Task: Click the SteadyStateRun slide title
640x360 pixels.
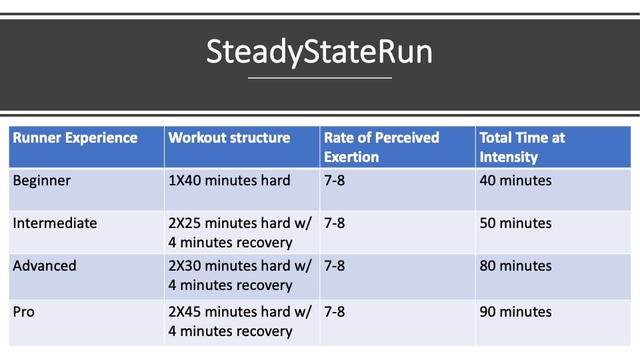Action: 319,52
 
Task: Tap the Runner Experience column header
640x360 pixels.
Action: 75,138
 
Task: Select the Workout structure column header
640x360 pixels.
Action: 229,138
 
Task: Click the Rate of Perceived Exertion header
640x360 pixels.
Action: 381,147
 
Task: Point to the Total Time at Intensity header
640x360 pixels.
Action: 522,147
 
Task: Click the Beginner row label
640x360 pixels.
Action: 41,181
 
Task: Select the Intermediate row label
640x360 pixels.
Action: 55,223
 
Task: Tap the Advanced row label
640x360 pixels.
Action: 45,266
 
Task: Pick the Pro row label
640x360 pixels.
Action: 24,312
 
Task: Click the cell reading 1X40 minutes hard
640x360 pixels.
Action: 229,181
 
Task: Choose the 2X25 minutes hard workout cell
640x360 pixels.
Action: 240,233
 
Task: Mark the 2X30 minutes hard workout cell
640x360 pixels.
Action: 240,275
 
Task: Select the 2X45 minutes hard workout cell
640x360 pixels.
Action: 240,321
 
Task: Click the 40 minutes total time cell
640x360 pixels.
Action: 515,181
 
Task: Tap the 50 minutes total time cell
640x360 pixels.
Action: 515,223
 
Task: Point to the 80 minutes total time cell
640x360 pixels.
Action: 515,266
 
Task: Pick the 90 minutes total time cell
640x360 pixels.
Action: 515,312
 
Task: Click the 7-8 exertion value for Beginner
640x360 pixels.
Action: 334,181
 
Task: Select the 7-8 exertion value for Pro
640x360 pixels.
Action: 334,312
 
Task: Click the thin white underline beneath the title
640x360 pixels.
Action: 319,77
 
